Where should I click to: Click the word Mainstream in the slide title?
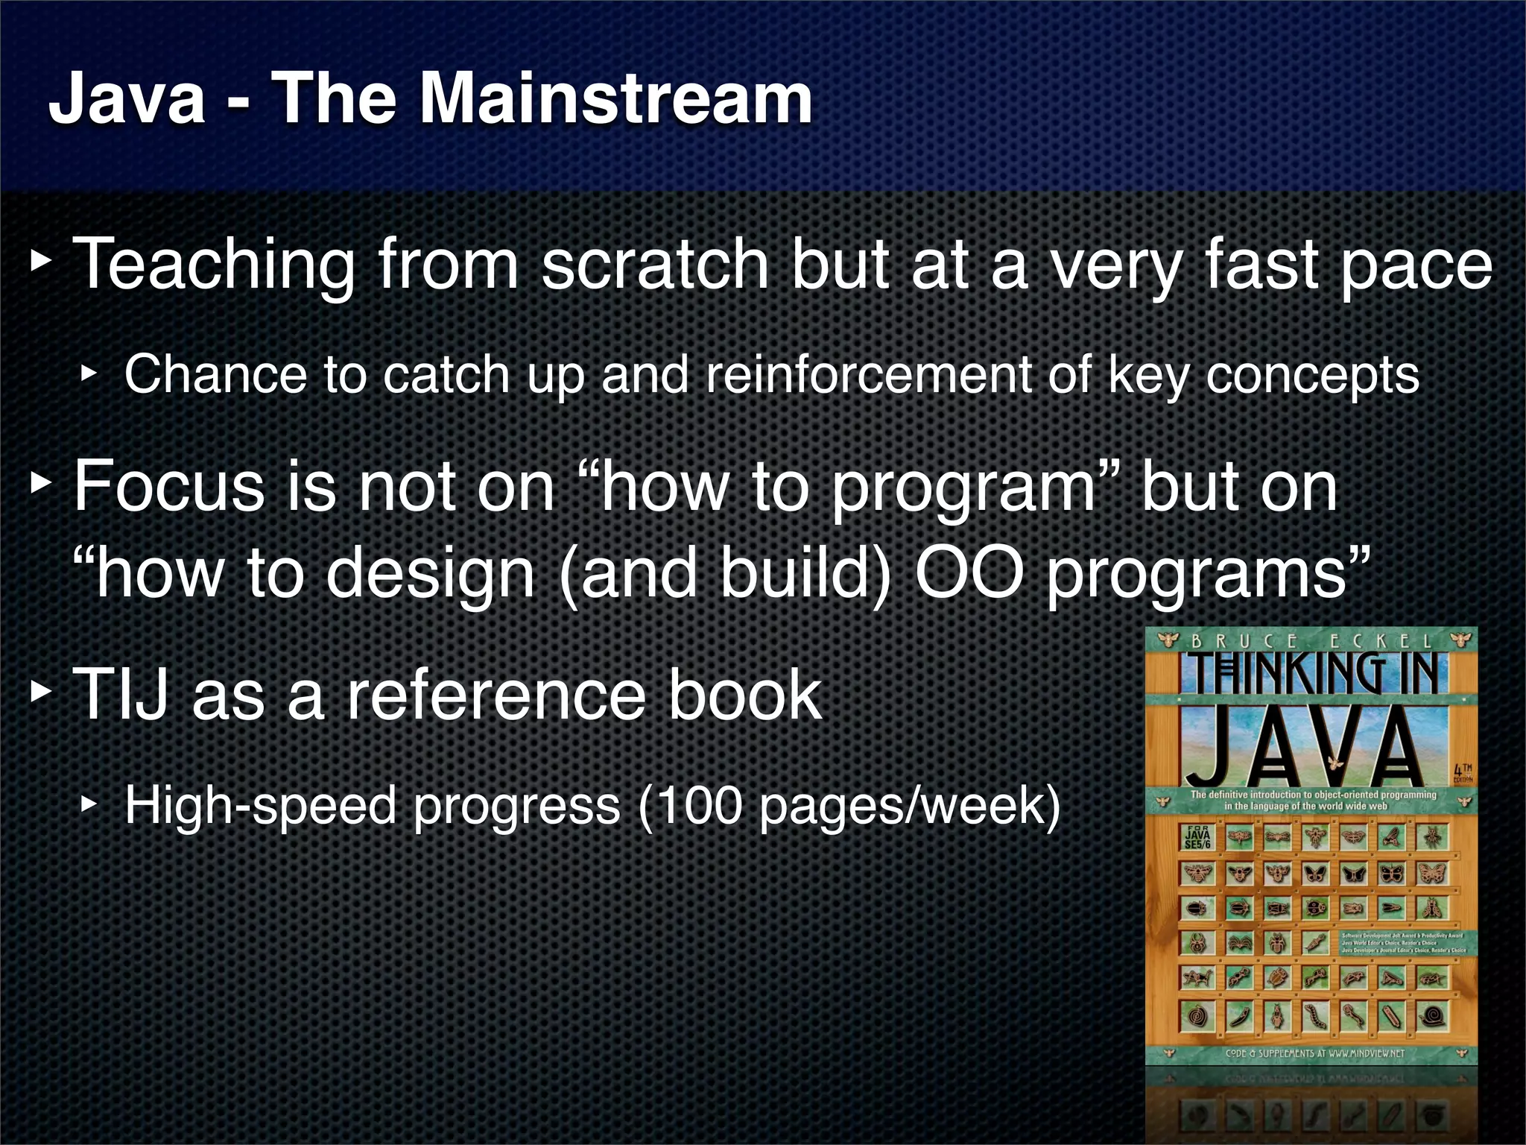[615, 99]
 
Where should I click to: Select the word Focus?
[169, 486]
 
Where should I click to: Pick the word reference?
[495, 694]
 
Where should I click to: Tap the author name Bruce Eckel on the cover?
[1311, 640]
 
